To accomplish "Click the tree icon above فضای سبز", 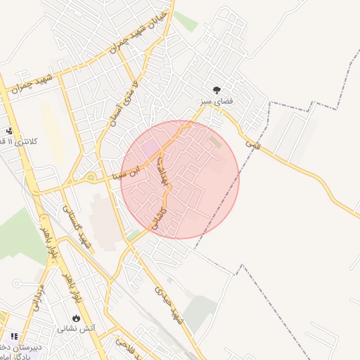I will pyautogui.click(x=217, y=89).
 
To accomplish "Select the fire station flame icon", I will pyautogui.click(x=76, y=317).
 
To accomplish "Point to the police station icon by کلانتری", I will pyautogui.click(x=10, y=131).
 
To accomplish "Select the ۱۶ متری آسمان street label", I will pyautogui.click(x=122, y=105).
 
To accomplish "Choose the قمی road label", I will pyautogui.click(x=252, y=142).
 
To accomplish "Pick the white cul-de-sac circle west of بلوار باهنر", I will pyautogui.click(x=16, y=283).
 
